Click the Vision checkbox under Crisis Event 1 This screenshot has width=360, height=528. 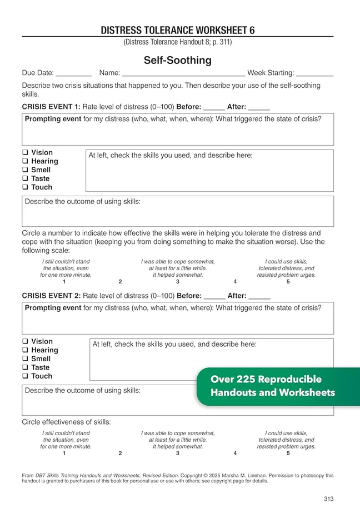[25, 153]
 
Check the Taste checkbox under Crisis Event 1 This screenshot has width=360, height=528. [25, 179]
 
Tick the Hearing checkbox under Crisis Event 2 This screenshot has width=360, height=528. [25, 350]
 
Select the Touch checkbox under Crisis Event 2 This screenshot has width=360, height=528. [25, 376]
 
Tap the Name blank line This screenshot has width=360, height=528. [183, 74]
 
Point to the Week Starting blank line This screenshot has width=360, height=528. [315, 74]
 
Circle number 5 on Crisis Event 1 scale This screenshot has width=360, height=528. [288, 282]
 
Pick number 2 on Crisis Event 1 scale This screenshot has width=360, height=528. [120, 282]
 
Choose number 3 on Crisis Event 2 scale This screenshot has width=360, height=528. [178, 454]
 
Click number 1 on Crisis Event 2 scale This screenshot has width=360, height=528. [64, 454]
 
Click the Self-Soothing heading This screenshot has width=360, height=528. [177, 60]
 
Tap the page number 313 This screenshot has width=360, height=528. [328, 499]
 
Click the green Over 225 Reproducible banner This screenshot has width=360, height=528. [272, 386]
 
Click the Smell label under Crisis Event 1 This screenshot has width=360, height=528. [41, 170]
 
